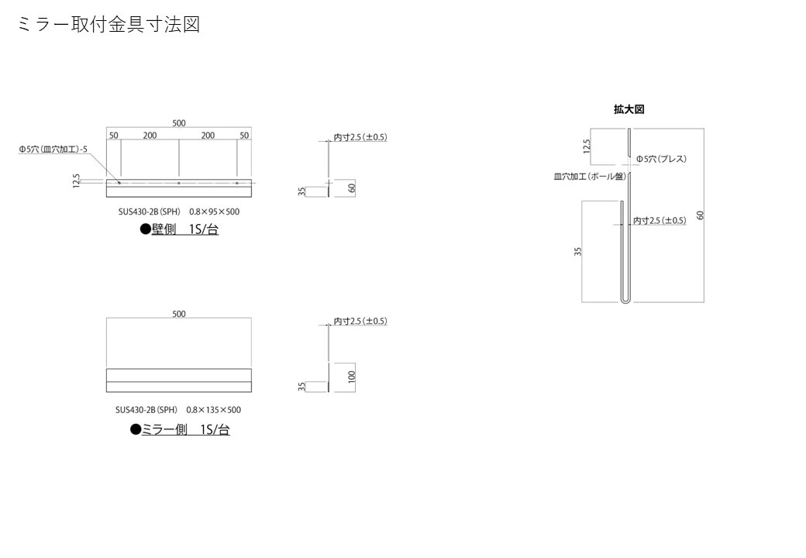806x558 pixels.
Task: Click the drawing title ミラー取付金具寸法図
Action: (108, 25)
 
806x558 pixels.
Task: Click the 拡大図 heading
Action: (629, 110)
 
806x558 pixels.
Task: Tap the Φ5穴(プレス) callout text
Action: (661, 159)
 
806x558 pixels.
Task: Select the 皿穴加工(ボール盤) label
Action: (589, 177)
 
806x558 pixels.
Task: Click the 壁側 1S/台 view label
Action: (179, 229)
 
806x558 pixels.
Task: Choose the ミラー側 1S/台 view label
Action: (184, 429)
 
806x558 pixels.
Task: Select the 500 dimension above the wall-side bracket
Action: (179, 123)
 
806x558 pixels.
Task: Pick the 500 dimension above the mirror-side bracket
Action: (179, 314)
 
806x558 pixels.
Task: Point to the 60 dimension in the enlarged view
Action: (699, 215)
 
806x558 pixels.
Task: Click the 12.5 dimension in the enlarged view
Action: (587, 146)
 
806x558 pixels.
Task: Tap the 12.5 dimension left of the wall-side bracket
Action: (76, 181)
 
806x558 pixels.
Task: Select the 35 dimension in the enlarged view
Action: (577, 251)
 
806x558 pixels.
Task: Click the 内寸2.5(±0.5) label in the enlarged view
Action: (660, 221)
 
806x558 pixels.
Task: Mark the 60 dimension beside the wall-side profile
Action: (351, 188)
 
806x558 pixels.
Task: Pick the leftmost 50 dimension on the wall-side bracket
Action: (114, 136)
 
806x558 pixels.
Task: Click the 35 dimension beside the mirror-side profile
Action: (301, 386)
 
